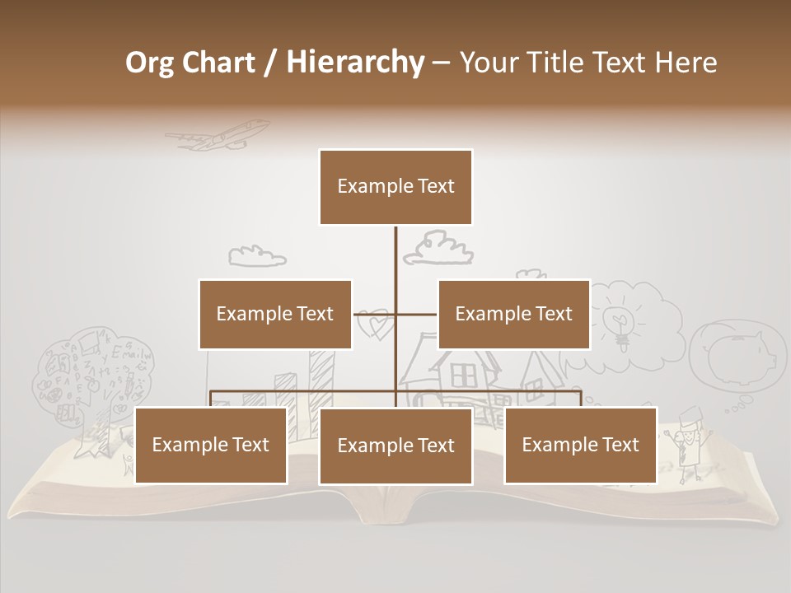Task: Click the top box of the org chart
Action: pos(395,187)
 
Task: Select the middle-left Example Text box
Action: pos(275,314)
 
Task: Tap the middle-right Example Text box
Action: pos(513,314)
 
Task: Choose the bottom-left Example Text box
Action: pos(211,445)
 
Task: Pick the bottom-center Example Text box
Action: pos(395,446)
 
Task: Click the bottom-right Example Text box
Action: pos(580,445)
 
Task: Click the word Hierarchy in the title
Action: pos(355,62)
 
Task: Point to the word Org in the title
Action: pos(149,63)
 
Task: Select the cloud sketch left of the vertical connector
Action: pos(256,256)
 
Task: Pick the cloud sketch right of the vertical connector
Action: pos(438,248)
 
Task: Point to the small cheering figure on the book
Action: pos(686,441)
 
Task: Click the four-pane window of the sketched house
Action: pos(464,376)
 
